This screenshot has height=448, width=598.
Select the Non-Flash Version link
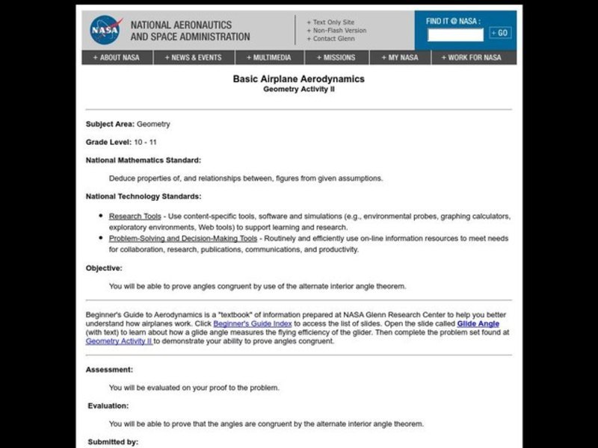338,30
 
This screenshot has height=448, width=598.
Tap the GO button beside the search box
500,33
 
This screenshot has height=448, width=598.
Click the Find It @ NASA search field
455,34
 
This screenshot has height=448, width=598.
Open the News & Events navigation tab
194,57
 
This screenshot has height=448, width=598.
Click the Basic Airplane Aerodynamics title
298,78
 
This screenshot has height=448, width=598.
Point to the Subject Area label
110,124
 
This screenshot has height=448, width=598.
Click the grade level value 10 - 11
145,142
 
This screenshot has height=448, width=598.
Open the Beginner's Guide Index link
253,324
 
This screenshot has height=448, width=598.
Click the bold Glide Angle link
478,324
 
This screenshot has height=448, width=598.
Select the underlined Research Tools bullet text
135,217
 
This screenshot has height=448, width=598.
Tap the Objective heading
104,268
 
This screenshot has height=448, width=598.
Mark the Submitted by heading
112,442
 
